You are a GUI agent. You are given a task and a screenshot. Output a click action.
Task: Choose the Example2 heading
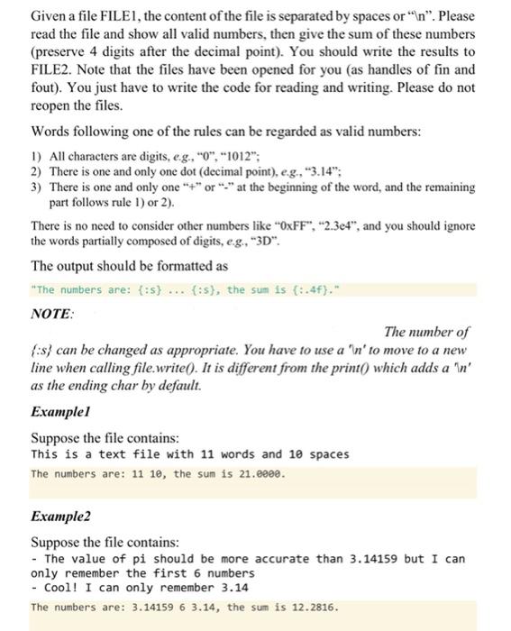pyautogui.click(x=61, y=518)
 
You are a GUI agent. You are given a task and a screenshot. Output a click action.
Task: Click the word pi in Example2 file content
pyautogui.click(x=122, y=559)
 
